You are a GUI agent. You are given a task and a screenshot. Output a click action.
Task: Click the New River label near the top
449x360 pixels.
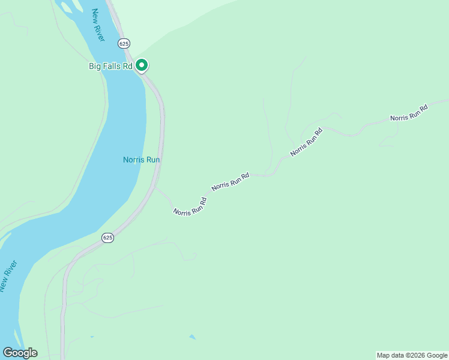(98, 25)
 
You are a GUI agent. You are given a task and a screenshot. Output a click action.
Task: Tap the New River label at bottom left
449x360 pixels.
(9, 276)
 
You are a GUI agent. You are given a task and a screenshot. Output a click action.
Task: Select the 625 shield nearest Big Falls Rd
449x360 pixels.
(124, 43)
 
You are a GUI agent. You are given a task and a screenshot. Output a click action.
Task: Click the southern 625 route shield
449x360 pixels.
(107, 238)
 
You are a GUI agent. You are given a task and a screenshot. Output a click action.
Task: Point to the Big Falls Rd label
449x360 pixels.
(110, 66)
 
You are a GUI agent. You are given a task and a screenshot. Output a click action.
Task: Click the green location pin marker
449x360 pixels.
(142, 64)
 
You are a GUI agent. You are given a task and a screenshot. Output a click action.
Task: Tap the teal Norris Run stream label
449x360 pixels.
(142, 160)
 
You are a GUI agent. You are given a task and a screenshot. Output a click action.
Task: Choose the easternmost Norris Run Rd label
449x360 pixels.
(409, 113)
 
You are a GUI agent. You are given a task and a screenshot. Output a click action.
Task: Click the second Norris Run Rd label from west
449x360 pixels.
(230, 182)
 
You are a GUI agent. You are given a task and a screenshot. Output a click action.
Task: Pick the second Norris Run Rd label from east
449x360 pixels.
(306, 142)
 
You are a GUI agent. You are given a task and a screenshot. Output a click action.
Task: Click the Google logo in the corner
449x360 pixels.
(20, 353)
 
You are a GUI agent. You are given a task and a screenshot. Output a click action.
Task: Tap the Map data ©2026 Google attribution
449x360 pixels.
(412, 355)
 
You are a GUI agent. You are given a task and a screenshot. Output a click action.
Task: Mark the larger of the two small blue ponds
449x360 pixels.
(192, 337)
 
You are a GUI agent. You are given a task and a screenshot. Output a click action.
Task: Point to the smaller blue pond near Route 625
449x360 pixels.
(91, 337)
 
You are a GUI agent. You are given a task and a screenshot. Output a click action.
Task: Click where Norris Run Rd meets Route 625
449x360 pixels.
(155, 188)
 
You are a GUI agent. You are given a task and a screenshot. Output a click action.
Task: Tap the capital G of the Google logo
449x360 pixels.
(8, 353)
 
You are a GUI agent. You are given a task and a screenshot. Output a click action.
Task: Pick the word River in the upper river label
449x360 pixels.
(100, 32)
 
